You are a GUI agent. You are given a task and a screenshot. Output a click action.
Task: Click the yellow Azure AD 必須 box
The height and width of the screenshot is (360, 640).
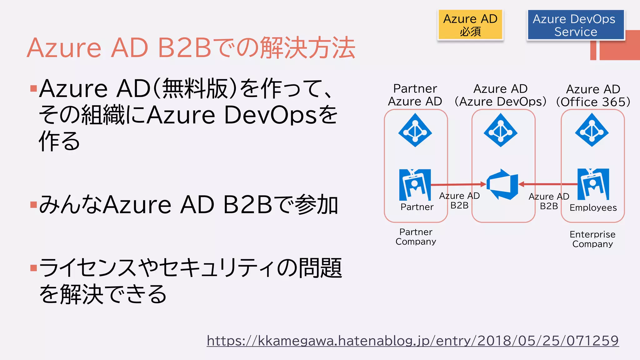[x=470, y=25]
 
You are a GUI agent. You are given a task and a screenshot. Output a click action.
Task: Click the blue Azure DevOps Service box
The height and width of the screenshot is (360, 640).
[x=575, y=25]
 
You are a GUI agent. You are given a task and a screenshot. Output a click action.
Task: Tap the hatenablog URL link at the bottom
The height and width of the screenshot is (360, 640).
[x=412, y=341]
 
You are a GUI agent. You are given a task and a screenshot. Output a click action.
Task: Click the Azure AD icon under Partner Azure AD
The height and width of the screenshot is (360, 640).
[x=415, y=130]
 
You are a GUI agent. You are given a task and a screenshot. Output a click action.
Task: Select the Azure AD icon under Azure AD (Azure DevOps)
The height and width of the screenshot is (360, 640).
[x=500, y=130]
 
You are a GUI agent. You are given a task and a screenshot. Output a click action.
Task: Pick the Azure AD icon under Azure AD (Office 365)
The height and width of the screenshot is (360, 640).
[x=592, y=130]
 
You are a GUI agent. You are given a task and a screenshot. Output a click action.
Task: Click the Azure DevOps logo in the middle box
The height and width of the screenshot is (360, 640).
[x=502, y=184]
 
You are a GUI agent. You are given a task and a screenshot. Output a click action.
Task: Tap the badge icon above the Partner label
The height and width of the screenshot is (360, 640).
[x=415, y=185]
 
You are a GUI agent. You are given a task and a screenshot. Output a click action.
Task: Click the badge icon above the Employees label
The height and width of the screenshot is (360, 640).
[x=593, y=184]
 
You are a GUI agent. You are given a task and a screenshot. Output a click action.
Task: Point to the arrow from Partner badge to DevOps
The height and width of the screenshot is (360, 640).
[x=458, y=185]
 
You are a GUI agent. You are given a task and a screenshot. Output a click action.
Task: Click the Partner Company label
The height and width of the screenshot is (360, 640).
[x=416, y=237]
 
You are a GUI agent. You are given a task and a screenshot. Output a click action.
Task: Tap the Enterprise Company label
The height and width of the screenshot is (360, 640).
[x=592, y=239]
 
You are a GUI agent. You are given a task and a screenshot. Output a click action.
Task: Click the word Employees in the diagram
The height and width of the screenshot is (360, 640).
[x=593, y=208]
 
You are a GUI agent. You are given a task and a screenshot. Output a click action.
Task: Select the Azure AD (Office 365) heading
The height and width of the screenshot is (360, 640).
[x=593, y=96]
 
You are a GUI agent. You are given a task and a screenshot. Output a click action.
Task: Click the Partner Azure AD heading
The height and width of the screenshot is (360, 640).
[x=415, y=95]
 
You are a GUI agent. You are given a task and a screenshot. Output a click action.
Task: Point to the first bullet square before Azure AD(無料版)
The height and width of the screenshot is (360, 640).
[x=33, y=88]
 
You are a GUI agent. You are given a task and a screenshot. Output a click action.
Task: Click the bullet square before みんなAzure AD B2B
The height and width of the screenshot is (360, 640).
[x=33, y=205]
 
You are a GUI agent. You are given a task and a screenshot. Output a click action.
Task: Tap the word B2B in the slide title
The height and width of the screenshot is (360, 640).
[x=184, y=48]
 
